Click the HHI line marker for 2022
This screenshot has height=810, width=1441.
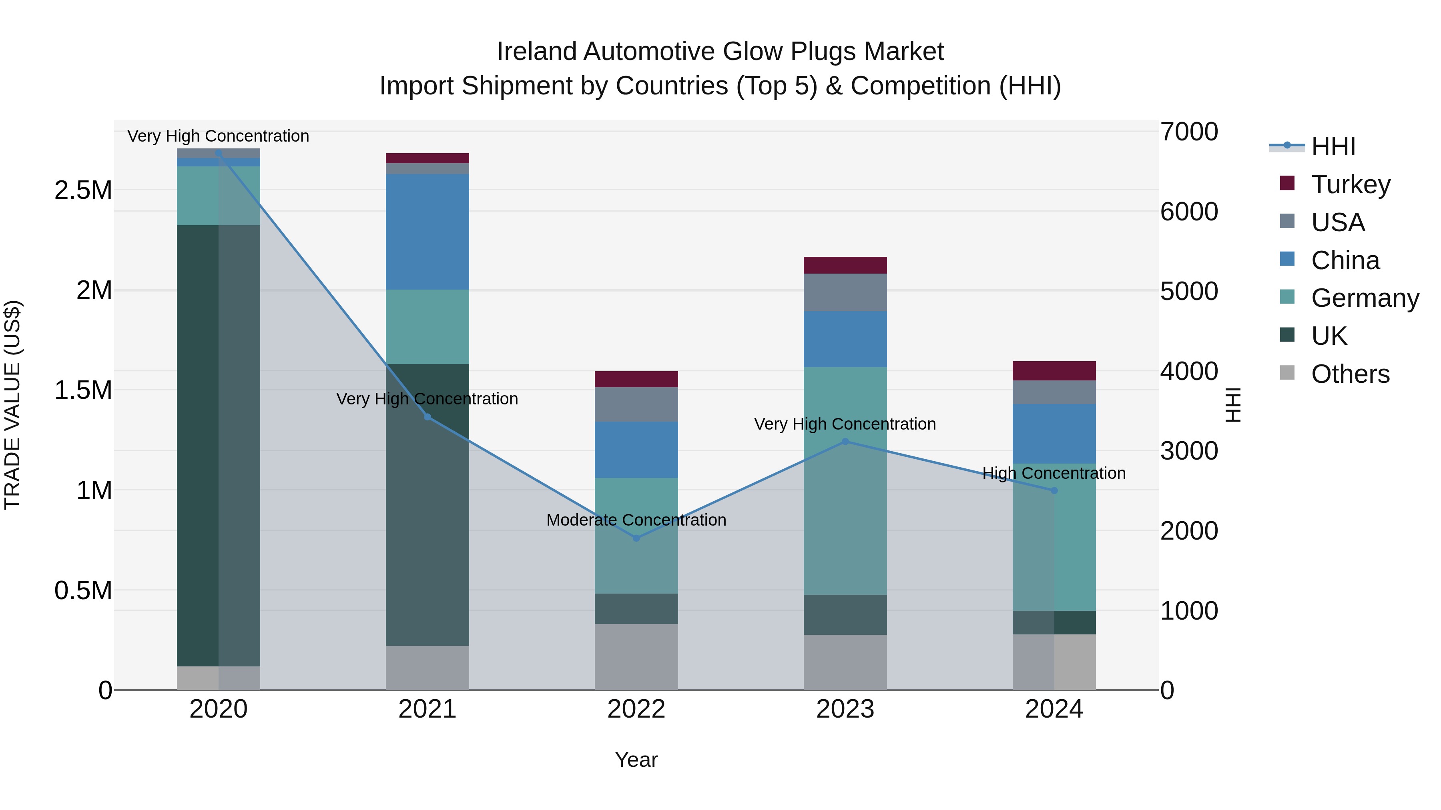coord(636,538)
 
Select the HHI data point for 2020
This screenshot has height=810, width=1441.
coord(219,153)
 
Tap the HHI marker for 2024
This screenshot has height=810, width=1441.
coord(1054,490)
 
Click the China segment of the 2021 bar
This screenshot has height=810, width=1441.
coord(427,232)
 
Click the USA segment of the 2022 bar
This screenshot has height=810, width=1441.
coord(636,404)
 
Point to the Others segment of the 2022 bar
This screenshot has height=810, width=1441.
coord(636,656)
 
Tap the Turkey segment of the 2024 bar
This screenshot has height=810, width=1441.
coord(1054,371)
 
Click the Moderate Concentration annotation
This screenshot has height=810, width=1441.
coord(636,520)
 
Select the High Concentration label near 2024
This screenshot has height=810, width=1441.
coord(1054,473)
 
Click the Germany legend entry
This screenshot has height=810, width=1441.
coord(1365,298)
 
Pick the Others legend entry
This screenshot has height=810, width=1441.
coord(1350,374)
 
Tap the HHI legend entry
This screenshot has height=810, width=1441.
coord(1333,146)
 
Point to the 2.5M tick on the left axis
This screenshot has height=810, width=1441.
coord(83,190)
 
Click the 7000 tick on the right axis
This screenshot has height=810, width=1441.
coord(1189,132)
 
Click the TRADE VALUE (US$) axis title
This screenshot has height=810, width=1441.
coord(12,405)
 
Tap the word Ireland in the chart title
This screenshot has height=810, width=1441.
coord(537,52)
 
